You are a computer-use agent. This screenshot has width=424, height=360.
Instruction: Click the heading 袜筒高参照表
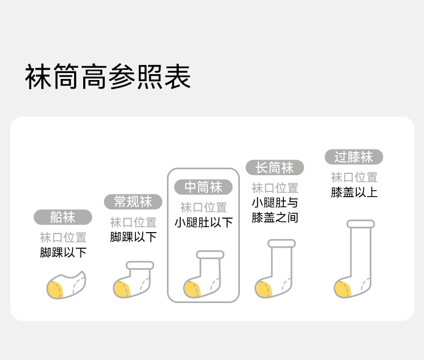[x=108, y=77]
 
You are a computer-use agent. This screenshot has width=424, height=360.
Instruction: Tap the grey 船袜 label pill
[x=63, y=217]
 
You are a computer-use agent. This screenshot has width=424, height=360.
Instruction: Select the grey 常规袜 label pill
[x=133, y=202]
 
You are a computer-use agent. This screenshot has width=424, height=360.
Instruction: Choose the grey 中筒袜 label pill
[x=203, y=187]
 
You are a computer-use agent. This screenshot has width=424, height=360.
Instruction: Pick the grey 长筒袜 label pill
[x=275, y=168]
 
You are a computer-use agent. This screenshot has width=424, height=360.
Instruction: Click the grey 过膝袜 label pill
[x=354, y=157]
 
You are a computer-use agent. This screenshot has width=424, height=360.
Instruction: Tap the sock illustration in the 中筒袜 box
[x=203, y=275]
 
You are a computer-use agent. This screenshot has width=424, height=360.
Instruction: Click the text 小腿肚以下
[x=203, y=222]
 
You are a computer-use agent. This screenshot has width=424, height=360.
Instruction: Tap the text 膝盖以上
[x=354, y=192]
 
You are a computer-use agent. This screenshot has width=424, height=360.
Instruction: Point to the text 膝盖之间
[x=275, y=218]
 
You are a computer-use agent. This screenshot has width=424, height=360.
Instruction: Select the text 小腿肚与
[x=275, y=203]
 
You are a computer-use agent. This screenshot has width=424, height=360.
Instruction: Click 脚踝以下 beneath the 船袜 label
[x=63, y=253]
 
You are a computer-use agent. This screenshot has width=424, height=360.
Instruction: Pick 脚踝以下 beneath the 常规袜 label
[x=133, y=237]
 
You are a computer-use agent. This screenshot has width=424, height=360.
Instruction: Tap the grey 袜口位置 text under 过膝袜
[x=354, y=177]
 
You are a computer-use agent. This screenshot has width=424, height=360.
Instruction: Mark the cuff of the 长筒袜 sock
[x=282, y=243]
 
